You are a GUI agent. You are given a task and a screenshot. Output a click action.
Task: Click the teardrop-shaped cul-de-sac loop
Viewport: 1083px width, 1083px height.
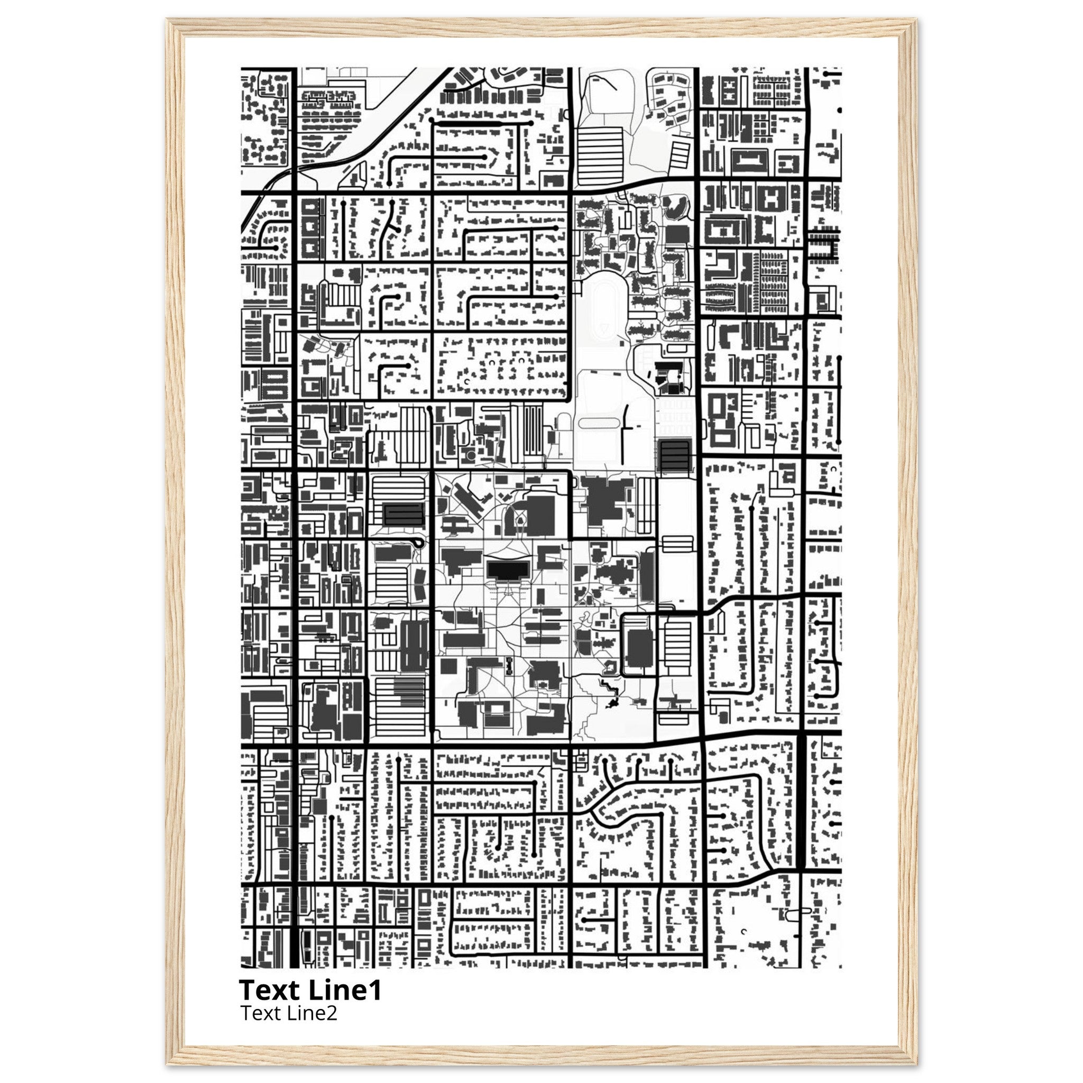click(417, 542)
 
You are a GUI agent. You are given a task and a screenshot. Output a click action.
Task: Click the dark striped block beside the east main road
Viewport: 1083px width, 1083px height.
click(674, 455)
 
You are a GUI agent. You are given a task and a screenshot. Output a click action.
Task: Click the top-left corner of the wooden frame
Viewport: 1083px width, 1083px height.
click(167, 20)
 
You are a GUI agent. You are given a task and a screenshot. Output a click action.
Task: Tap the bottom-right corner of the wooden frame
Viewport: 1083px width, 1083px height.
click(916, 1063)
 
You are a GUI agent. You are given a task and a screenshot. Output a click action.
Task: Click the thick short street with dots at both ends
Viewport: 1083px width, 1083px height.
click(481, 122)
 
